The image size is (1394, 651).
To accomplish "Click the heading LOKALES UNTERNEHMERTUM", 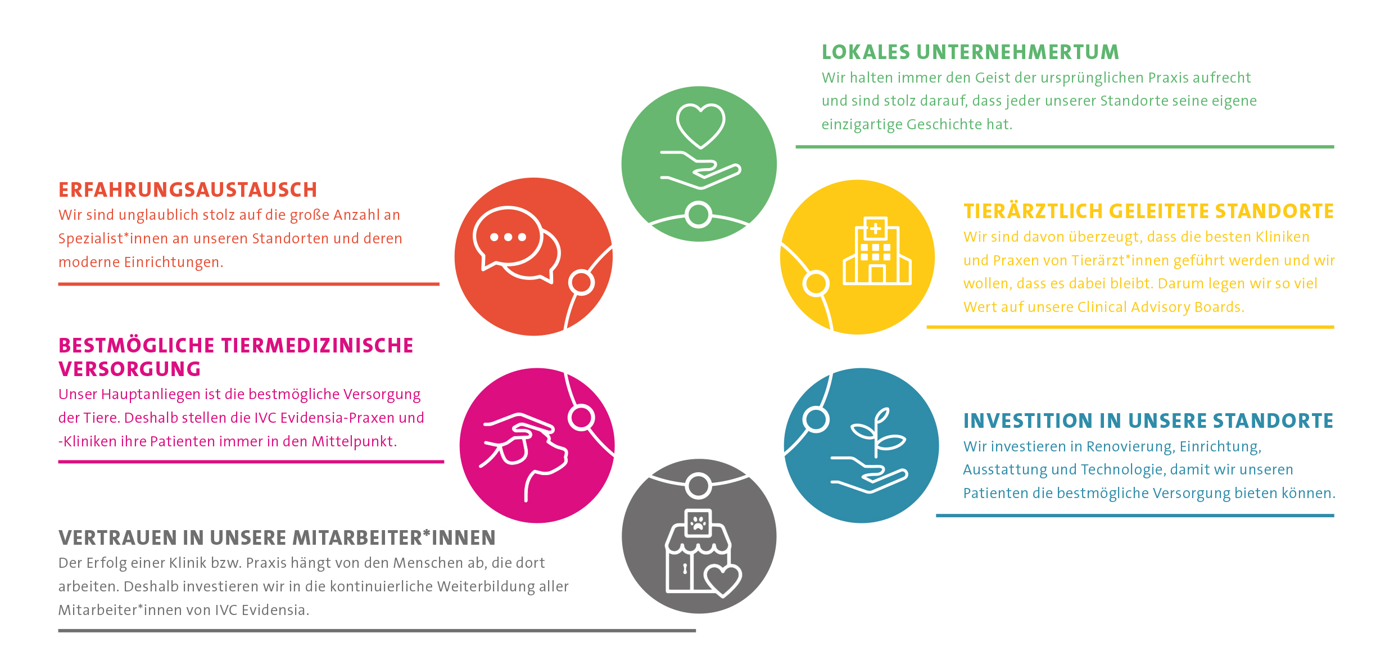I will click(970, 52).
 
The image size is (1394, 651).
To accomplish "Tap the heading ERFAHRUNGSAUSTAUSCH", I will click(188, 190).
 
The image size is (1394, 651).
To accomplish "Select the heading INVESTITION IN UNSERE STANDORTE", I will click(1148, 421).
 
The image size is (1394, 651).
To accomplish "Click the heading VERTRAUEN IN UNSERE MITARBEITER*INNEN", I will click(277, 538).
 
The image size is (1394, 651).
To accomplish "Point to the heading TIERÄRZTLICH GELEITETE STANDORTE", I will click(1148, 211).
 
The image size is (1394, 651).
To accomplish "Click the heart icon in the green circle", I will click(700, 125).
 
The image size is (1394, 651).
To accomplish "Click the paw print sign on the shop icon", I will click(698, 524).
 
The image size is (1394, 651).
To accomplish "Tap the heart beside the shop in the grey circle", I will click(723, 579).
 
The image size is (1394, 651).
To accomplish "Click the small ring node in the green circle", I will click(699, 215).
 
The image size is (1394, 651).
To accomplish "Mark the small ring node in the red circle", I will click(581, 282).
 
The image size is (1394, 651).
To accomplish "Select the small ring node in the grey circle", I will click(699, 486).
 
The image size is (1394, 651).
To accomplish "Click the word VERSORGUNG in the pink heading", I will click(130, 369).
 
